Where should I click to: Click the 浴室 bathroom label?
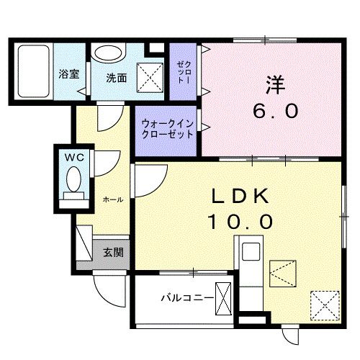coord(68,74)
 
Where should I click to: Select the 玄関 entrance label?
coord(112,252)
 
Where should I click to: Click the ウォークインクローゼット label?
coord(167,129)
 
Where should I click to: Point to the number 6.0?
coord(274,112)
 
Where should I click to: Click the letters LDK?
coord(241,196)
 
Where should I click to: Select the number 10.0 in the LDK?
coord(241,221)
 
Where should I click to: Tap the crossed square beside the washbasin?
coord(150,75)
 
